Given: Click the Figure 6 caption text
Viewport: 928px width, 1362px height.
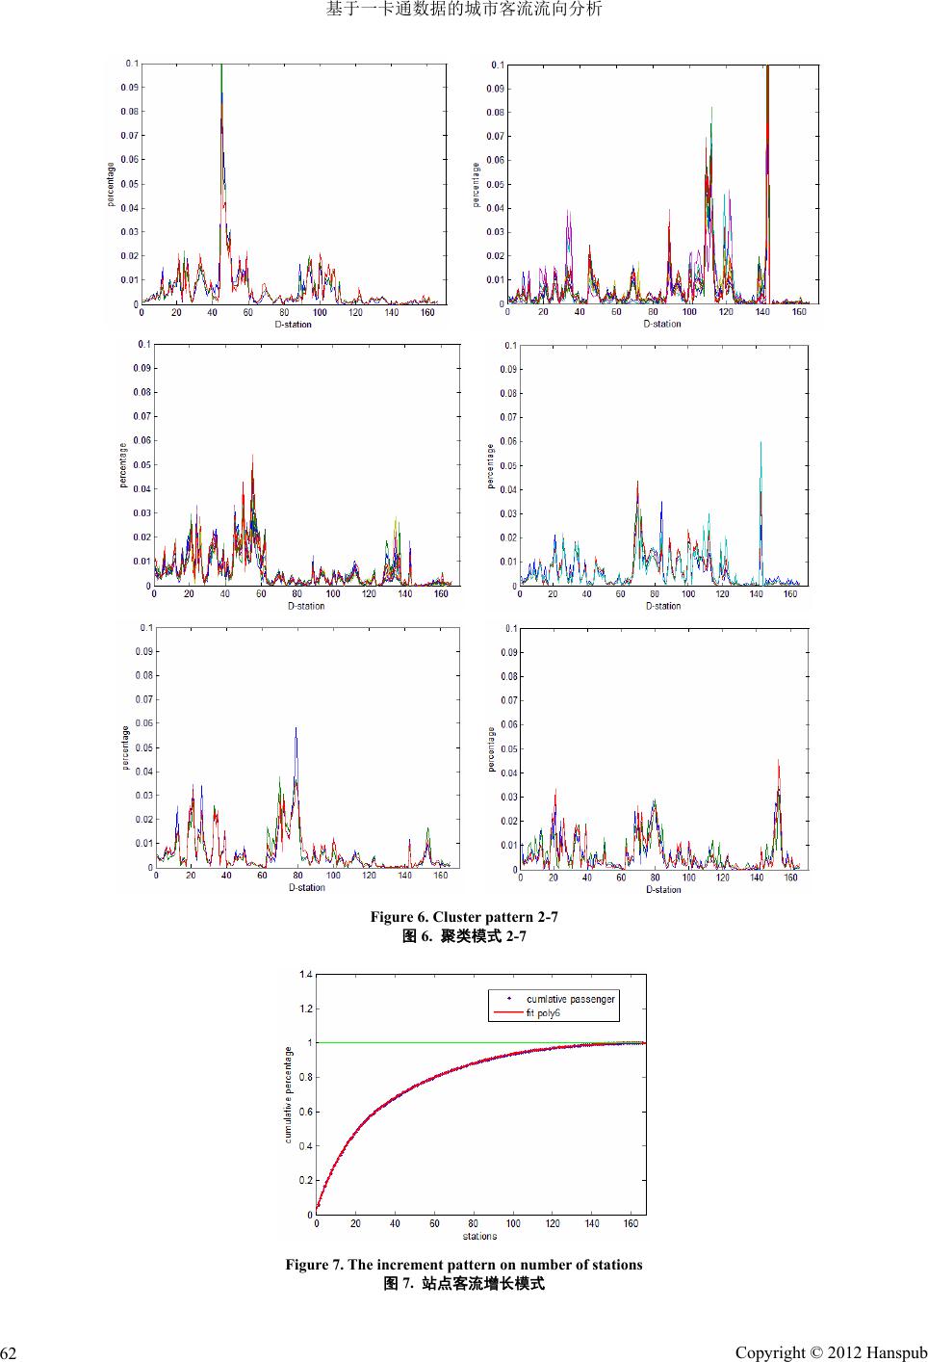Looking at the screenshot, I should (464, 916).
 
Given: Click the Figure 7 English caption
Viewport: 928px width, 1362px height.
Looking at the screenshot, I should (464, 1264).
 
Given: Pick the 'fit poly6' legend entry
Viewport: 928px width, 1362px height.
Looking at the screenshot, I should (543, 1012).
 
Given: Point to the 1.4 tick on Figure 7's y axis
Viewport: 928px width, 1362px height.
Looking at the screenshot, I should (305, 975).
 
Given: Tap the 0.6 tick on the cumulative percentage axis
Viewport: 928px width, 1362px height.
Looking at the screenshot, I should (305, 1112).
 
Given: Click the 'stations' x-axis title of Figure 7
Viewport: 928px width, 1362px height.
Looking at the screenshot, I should (479, 1236).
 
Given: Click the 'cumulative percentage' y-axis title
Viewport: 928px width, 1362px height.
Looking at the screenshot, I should (288, 1094).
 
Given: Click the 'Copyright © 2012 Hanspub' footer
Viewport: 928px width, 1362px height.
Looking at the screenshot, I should (830, 1352).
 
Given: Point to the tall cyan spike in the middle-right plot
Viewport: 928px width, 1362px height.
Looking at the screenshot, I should (760, 443).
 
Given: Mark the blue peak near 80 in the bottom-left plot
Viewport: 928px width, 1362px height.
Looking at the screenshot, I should (296, 729).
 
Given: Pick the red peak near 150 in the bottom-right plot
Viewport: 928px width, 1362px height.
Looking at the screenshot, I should (778, 762).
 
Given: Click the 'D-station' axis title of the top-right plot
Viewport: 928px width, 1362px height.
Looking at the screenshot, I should (662, 324).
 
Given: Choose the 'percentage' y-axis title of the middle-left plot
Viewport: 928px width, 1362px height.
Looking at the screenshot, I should (123, 464).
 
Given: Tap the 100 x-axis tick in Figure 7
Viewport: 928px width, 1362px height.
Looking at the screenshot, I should (513, 1223).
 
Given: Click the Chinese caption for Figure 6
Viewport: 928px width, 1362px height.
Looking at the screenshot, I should (464, 935).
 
